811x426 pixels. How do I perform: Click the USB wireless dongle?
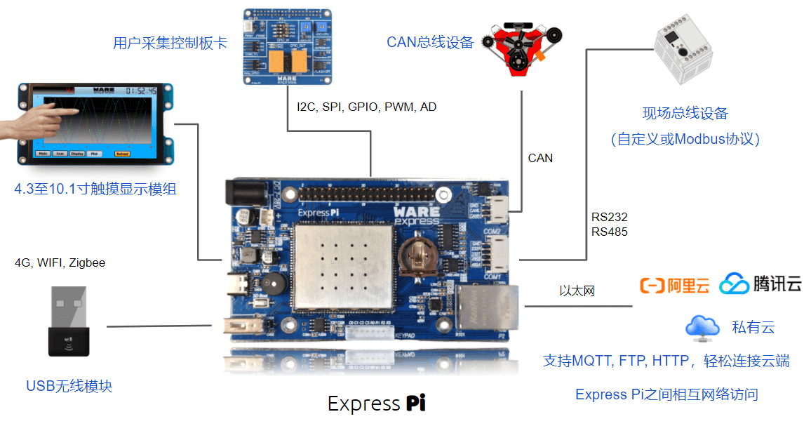69,322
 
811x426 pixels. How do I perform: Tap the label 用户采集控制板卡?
170,43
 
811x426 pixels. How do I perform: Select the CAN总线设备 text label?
430,42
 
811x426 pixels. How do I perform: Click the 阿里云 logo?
674,285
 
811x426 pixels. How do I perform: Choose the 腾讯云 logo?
760,284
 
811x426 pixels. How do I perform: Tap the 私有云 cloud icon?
702,327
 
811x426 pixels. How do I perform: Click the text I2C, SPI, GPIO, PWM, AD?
367,107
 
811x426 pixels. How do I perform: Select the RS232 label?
609,217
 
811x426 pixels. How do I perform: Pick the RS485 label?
609,232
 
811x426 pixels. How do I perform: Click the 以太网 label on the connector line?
577,291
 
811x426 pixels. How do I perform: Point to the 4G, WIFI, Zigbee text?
60,263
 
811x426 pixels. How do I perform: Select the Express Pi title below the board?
376,404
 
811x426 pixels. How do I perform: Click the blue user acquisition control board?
287,46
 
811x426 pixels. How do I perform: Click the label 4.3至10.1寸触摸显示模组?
95,189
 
